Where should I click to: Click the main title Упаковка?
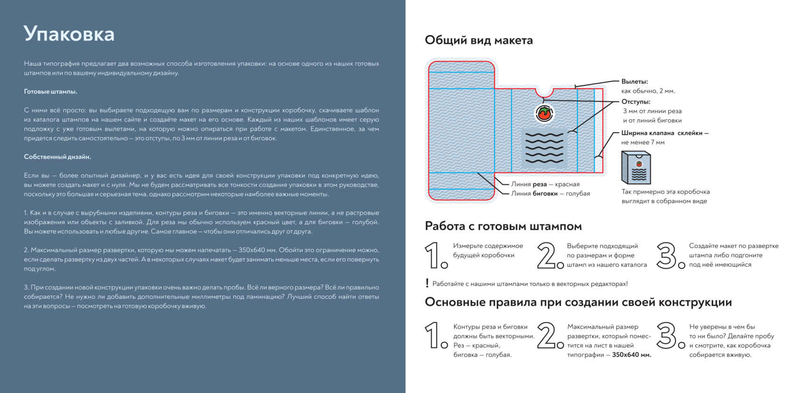(69, 34)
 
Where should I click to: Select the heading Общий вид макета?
(478, 40)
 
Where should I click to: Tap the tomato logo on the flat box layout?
(544, 113)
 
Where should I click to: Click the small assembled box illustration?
(636, 168)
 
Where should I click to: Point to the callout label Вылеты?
(634, 82)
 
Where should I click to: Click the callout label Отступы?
(636, 102)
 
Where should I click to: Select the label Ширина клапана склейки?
(664, 133)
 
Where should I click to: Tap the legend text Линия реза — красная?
(545, 184)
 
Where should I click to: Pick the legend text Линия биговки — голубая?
(550, 193)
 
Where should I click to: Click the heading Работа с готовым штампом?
(503, 226)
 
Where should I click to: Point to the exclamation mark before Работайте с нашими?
(427, 283)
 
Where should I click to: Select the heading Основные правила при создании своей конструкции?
(578, 302)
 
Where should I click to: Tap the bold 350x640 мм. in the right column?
(631, 355)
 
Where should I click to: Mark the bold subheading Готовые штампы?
(51, 91)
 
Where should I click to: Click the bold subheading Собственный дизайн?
(57, 157)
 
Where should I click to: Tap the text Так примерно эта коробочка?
(665, 192)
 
